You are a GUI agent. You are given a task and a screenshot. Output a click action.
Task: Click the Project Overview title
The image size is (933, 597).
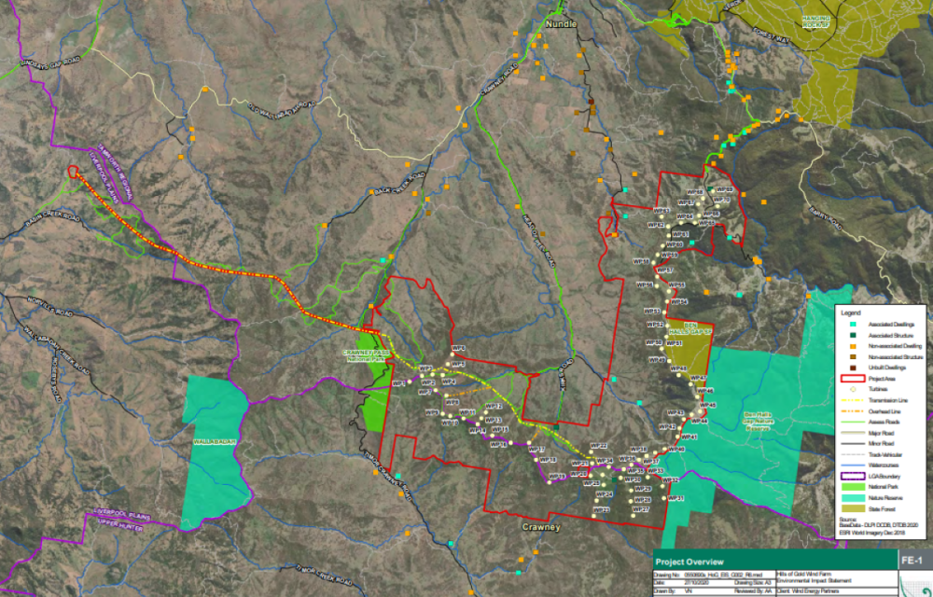pos(689,562)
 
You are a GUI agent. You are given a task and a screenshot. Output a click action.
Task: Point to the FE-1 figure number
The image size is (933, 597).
pos(912,561)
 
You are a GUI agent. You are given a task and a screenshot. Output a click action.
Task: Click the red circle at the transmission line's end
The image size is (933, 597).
pos(72,171)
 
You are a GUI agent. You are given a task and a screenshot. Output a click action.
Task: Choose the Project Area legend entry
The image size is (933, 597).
pos(883,380)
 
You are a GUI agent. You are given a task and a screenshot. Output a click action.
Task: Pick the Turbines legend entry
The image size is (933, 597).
pos(878,390)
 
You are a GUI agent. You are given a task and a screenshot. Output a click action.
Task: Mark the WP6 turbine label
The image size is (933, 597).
pos(457,347)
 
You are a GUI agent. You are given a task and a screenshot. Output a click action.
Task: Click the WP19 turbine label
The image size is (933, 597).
pos(557,476)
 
